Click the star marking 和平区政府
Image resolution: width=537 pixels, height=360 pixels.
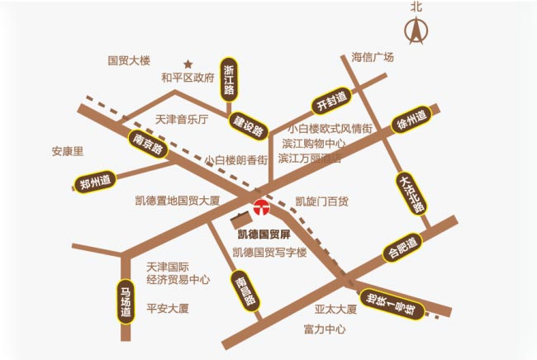point(188,64)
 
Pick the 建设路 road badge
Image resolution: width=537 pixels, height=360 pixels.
point(248,125)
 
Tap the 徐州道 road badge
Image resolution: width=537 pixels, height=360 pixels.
point(411,121)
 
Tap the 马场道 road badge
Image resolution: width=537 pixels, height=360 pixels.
point(126,301)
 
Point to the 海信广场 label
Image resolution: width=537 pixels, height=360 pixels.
point(373,58)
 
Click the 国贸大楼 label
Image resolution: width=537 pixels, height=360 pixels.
point(130,60)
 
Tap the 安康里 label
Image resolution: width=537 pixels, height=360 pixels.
point(68,152)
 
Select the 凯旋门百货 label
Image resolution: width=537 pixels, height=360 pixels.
point(321,201)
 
